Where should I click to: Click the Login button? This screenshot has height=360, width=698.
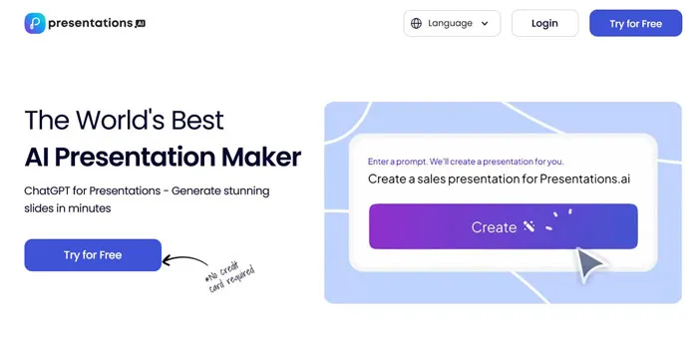pyautogui.click(x=544, y=23)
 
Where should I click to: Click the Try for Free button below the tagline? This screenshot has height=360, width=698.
pyautogui.click(x=93, y=255)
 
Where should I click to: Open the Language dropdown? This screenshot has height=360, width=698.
pyautogui.click(x=452, y=23)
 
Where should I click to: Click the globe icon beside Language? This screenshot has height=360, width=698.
pyautogui.click(x=416, y=23)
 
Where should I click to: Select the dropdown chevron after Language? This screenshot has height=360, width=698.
pyautogui.click(x=486, y=24)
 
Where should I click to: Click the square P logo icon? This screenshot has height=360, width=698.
pyautogui.click(x=36, y=22)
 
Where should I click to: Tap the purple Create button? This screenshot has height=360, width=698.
pyautogui.click(x=503, y=226)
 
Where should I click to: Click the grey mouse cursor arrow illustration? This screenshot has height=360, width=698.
pyautogui.click(x=591, y=263)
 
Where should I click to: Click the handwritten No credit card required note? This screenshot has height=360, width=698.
pyautogui.click(x=230, y=281)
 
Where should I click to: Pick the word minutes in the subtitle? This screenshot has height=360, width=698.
pyautogui.click(x=87, y=208)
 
